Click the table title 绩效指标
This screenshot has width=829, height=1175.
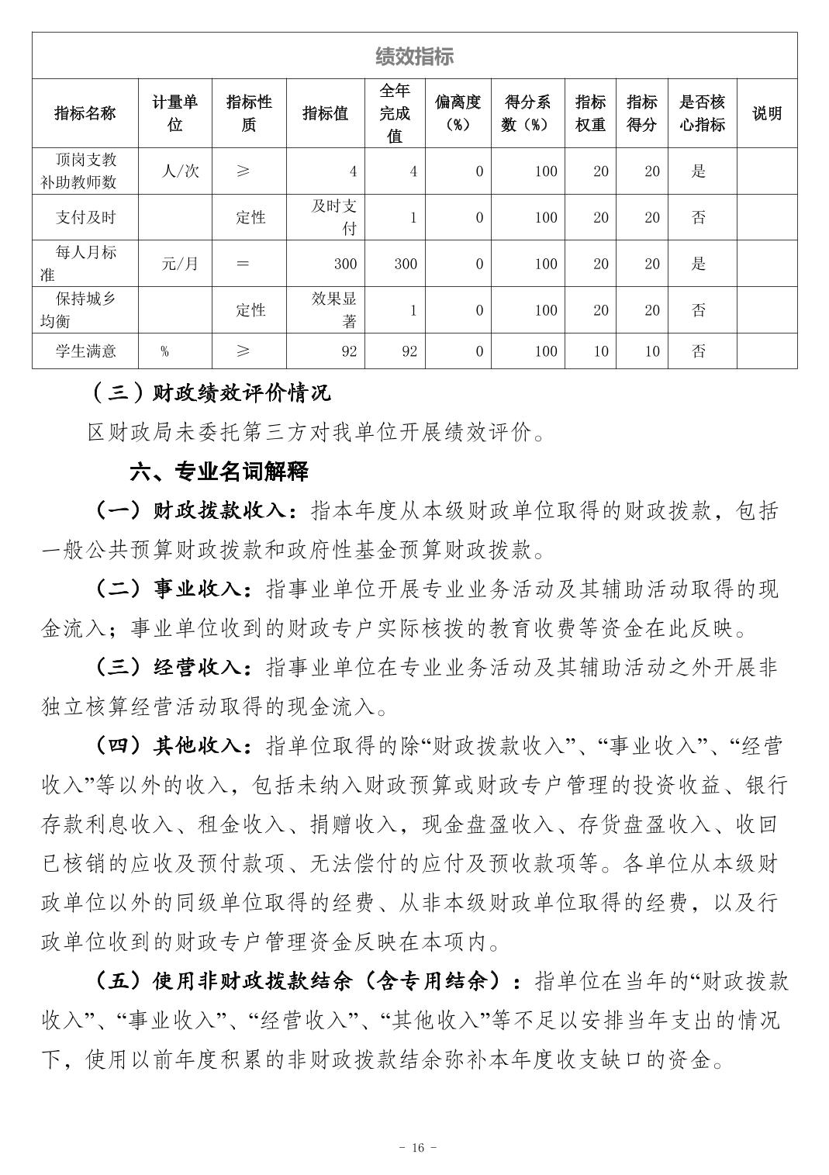(414, 56)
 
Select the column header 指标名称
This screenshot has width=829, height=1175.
(85, 113)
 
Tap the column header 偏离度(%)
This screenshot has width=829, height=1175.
(458, 113)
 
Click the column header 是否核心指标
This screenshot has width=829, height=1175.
(702, 113)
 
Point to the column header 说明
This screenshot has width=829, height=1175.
(766, 113)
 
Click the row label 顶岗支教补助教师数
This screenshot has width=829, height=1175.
(85, 171)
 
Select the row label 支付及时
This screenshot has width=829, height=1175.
(85, 217)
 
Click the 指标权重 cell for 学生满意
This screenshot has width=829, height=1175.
(600, 351)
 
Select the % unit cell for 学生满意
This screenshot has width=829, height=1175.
(164, 351)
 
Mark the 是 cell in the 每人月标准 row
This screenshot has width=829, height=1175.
(699, 264)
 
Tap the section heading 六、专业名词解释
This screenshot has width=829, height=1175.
(219, 471)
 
